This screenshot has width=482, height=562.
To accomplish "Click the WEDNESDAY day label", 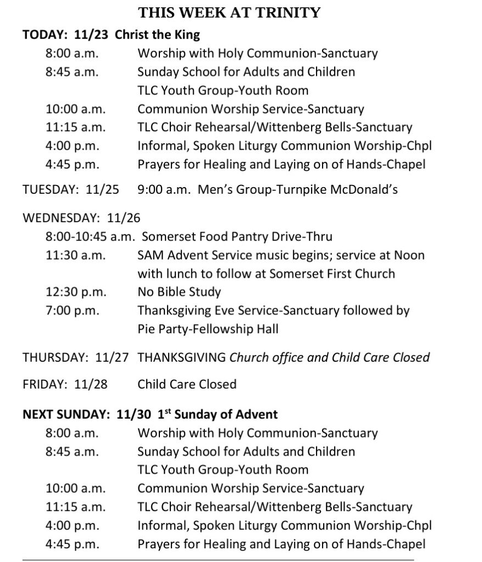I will [60, 218].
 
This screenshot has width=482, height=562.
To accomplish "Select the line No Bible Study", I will [179, 292].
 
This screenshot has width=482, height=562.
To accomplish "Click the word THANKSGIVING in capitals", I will [181, 357].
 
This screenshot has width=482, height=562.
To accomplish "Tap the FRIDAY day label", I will [42, 384].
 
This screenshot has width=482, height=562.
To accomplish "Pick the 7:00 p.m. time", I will [73, 311].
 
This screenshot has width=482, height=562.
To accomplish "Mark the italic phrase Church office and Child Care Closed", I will [329, 357].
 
